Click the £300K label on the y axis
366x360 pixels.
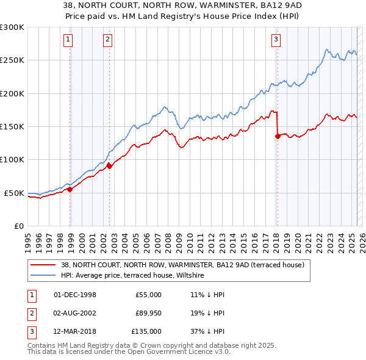(12, 27)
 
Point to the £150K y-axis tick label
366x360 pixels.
(12, 127)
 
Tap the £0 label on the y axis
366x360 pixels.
(19, 226)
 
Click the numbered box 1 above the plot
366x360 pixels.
(68, 40)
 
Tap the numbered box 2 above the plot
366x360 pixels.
(107, 40)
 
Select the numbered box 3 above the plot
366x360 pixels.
(276, 40)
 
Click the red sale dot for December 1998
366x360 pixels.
(70, 189)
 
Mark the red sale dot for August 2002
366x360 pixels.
(109, 165)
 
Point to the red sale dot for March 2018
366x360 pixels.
(278, 136)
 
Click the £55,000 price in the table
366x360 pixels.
(148, 295)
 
